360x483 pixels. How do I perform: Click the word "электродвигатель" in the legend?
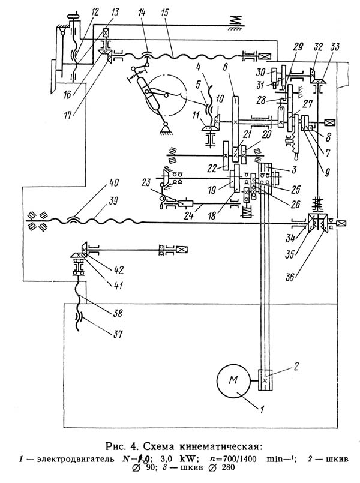76,458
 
